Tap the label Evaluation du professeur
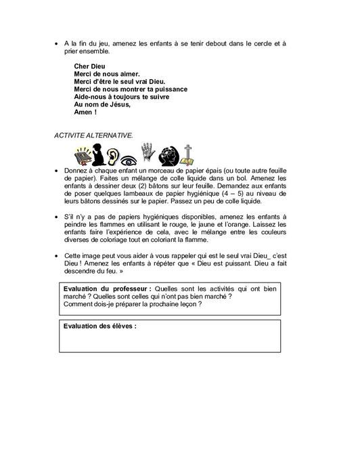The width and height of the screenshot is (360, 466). click(102, 289)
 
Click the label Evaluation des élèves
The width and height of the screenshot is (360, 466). click(99, 326)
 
